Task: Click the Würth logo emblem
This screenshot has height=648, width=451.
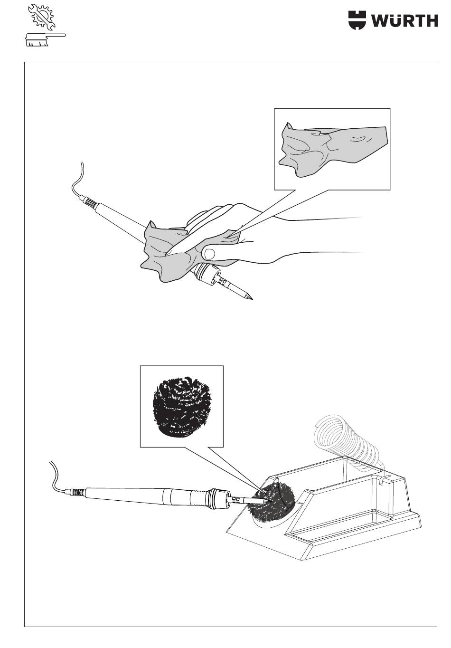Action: coord(357,20)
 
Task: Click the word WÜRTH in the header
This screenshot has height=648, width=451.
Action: coord(403,20)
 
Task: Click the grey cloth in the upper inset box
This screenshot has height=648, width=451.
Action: coord(332,151)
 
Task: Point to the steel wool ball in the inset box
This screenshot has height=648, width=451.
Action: coord(181,406)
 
